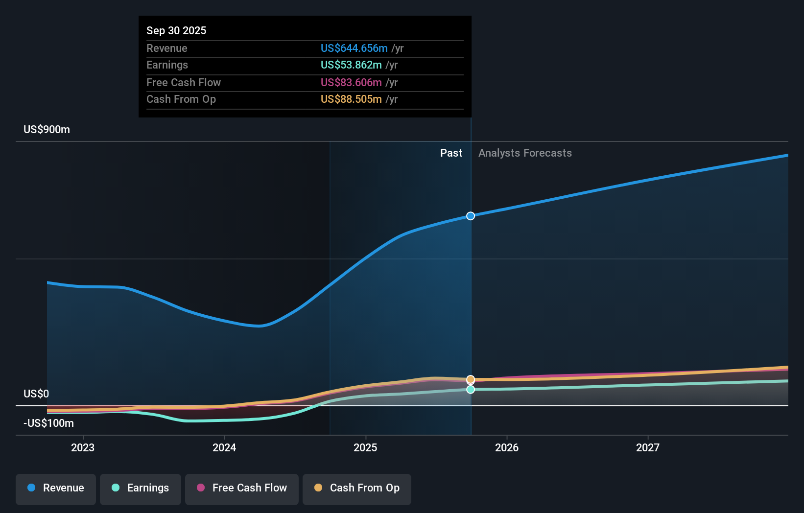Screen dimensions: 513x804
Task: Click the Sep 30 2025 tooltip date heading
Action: (176, 30)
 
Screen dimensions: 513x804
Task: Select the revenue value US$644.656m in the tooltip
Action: (354, 48)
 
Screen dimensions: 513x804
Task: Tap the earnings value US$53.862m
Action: (351, 65)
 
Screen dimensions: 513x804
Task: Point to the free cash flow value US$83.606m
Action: (351, 82)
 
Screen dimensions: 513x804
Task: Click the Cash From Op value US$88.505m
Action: (351, 99)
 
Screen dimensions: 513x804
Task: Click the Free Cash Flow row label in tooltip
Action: (183, 82)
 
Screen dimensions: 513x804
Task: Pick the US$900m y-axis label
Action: (47, 129)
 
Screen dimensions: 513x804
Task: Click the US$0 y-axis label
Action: (36, 394)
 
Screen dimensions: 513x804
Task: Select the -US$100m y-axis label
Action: (48, 423)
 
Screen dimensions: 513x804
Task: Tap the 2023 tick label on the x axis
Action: (83, 447)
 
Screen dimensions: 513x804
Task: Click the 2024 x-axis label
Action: (224, 447)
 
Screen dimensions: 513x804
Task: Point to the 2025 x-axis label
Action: (365, 447)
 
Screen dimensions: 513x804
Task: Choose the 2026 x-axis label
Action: (507, 447)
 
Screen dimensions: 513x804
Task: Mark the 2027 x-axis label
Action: (648, 447)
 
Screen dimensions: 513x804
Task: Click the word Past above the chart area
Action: (451, 153)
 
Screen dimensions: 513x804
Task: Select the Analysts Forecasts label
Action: (525, 153)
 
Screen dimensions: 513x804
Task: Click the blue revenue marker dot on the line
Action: (471, 216)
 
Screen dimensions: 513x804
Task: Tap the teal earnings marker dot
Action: (471, 390)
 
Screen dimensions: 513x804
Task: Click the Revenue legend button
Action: (56, 488)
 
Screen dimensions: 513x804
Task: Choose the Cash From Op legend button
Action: (357, 488)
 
